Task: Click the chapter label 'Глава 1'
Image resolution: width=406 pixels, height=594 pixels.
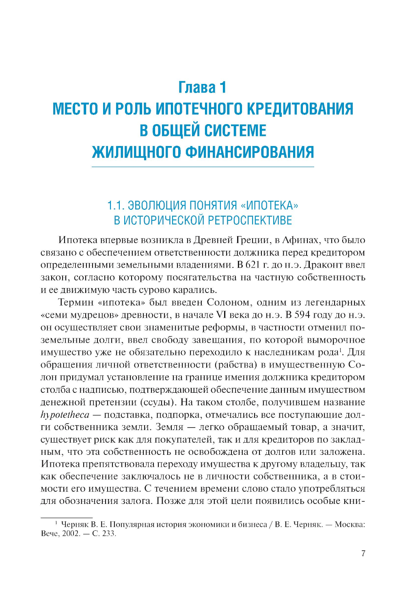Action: [202, 87]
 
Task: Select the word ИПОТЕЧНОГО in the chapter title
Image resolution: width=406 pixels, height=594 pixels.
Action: [200, 109]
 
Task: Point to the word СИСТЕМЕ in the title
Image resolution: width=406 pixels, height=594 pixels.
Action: [235, 131]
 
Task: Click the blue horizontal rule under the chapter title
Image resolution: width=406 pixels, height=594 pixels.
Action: [203, 167]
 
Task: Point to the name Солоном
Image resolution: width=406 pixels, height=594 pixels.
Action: [228, 302]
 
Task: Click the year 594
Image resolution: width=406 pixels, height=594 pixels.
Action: [302, 315]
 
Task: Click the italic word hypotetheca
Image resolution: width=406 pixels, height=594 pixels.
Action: [65, 415]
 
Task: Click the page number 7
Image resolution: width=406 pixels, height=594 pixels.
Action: [363, 553]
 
